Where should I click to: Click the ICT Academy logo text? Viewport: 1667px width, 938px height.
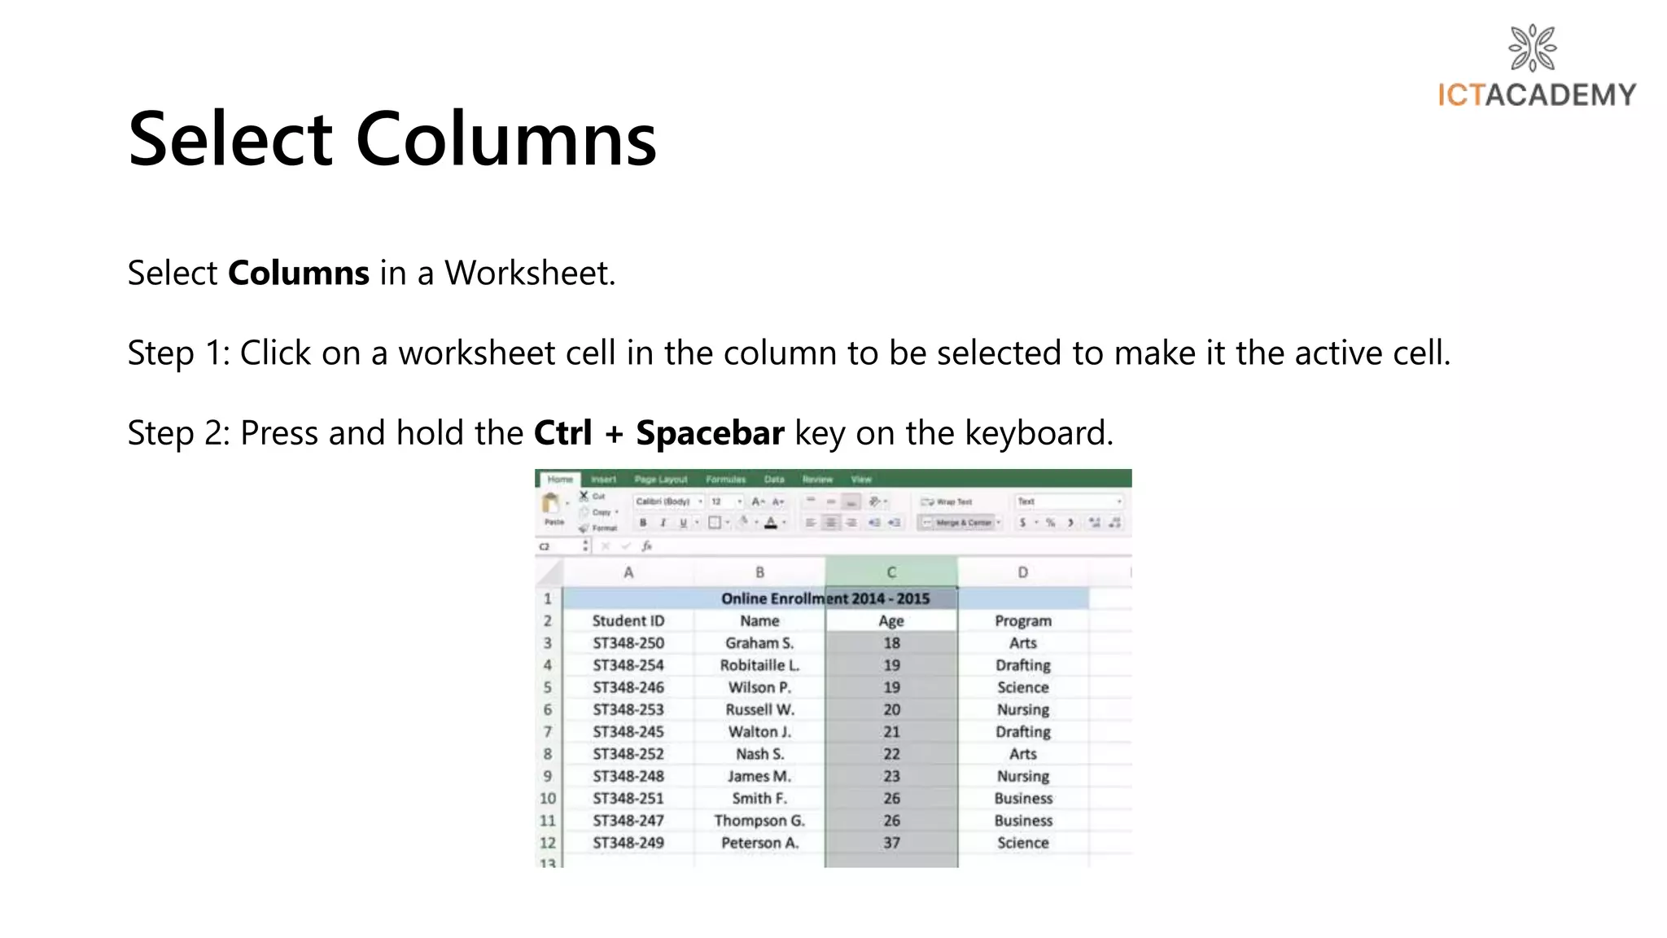click(1537, 95)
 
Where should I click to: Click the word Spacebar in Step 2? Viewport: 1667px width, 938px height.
click(710, 432)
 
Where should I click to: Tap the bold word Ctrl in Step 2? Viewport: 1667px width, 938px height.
click(562, 432)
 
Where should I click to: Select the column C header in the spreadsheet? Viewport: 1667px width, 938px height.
click(891, 572)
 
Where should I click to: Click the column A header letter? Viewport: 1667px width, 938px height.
click(628, 572)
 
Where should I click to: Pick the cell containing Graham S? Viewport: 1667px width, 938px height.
click(759, 642)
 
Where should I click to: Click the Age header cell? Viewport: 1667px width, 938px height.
click(891, 620)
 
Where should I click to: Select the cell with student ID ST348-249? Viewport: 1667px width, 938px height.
click(628, 843)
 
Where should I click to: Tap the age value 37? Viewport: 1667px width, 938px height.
click(891, 843)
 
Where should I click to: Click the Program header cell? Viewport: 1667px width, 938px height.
click(1022, 620)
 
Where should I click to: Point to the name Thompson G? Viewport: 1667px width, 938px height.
click(759, 821)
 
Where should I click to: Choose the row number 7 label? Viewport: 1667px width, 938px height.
click(548, 732)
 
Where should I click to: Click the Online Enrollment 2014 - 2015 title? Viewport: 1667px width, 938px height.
click(825, 598)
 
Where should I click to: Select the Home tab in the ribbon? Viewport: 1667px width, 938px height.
click(560, 480)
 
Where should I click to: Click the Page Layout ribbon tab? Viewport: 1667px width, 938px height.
click(660, 480)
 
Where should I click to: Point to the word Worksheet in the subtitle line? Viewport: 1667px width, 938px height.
click(529, 273)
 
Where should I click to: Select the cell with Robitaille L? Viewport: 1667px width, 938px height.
click(759, 665)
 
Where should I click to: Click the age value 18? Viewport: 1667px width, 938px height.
click(891, 642)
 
